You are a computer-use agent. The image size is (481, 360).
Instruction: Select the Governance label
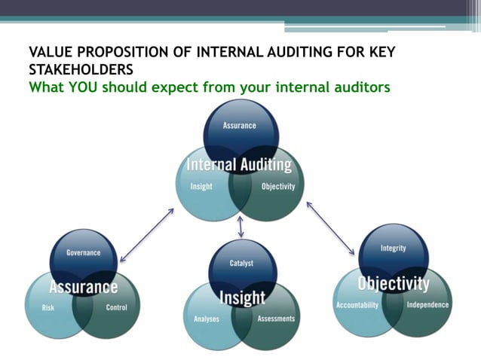click(83, 253)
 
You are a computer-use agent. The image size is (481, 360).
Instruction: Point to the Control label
click(117, 307)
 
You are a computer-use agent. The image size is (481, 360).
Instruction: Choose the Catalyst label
click(241, 264)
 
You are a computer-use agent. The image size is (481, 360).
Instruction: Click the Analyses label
click(206, 319)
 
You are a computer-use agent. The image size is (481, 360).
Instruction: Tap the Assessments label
click(276, 319)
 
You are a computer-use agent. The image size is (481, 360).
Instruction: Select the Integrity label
click(393, 248)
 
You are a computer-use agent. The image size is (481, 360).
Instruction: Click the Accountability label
click(357, 305)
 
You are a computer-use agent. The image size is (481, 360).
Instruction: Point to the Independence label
click(427, 305)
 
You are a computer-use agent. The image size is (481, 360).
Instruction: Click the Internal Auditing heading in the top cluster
click(239, 165)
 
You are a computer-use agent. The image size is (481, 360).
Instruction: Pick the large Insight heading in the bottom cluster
click(242, 297)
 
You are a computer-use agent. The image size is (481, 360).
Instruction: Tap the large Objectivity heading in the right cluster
click(393, 284)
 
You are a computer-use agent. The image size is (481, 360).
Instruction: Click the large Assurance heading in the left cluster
click(83, 287)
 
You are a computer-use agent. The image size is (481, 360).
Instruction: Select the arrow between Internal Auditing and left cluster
click(146, 235)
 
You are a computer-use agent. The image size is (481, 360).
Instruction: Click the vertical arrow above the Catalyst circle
click(240, 226)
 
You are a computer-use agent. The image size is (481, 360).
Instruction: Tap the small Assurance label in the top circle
click(239, 126)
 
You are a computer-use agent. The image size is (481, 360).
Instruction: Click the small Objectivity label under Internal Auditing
click(278, 187)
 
